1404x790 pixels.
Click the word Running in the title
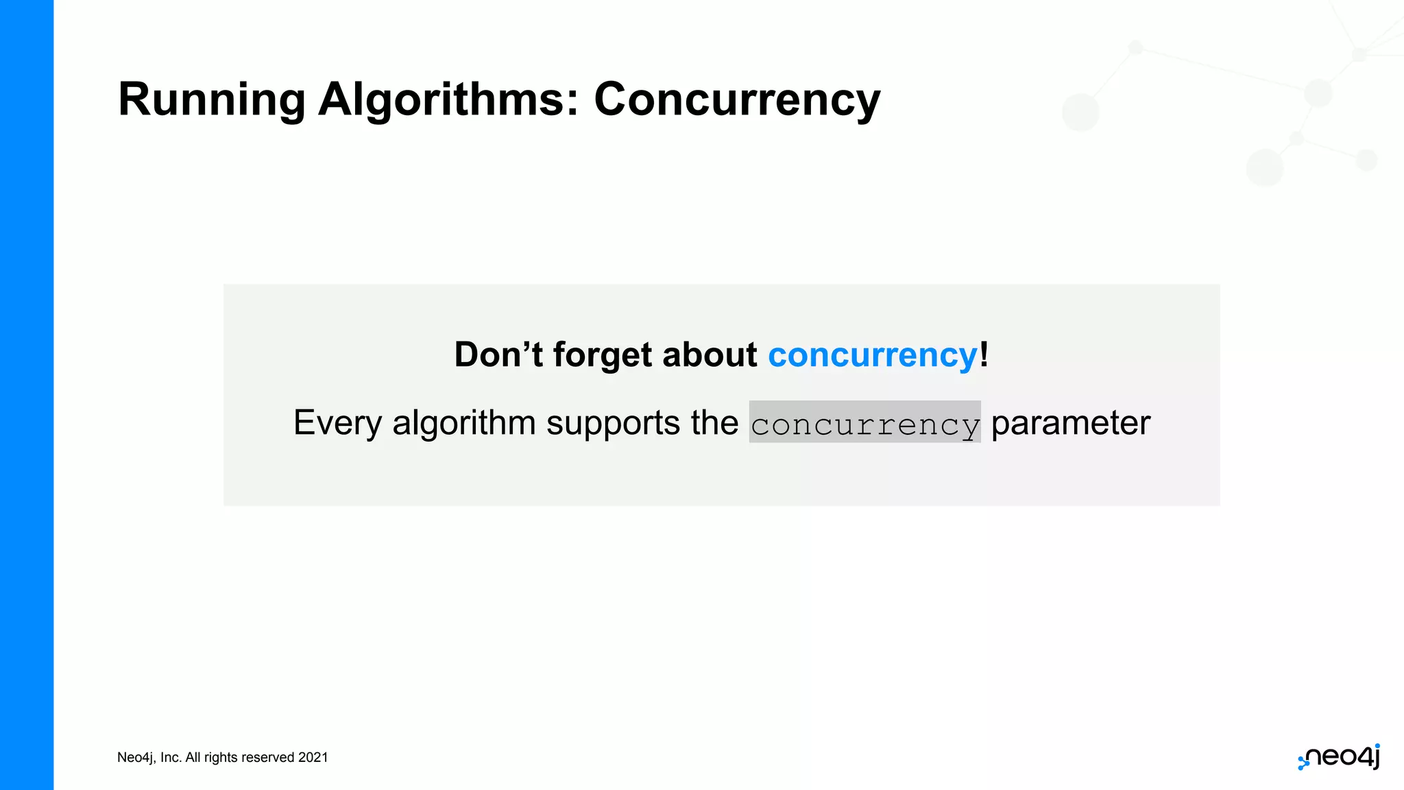click(211, 100)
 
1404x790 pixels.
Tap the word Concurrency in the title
click(736, 100)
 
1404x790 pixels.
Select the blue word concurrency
click(872, 355)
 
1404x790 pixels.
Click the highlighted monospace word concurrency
click(864, 423)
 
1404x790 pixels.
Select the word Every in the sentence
click(337, 423)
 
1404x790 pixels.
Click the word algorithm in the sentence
click(463, 423)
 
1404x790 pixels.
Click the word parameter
click(1070, 423)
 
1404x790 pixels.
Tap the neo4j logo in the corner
click(1341, 756)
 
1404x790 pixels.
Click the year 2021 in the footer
click(313, 757)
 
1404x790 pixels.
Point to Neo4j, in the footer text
click(136, 757)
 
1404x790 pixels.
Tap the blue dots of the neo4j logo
click(1303, 763)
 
